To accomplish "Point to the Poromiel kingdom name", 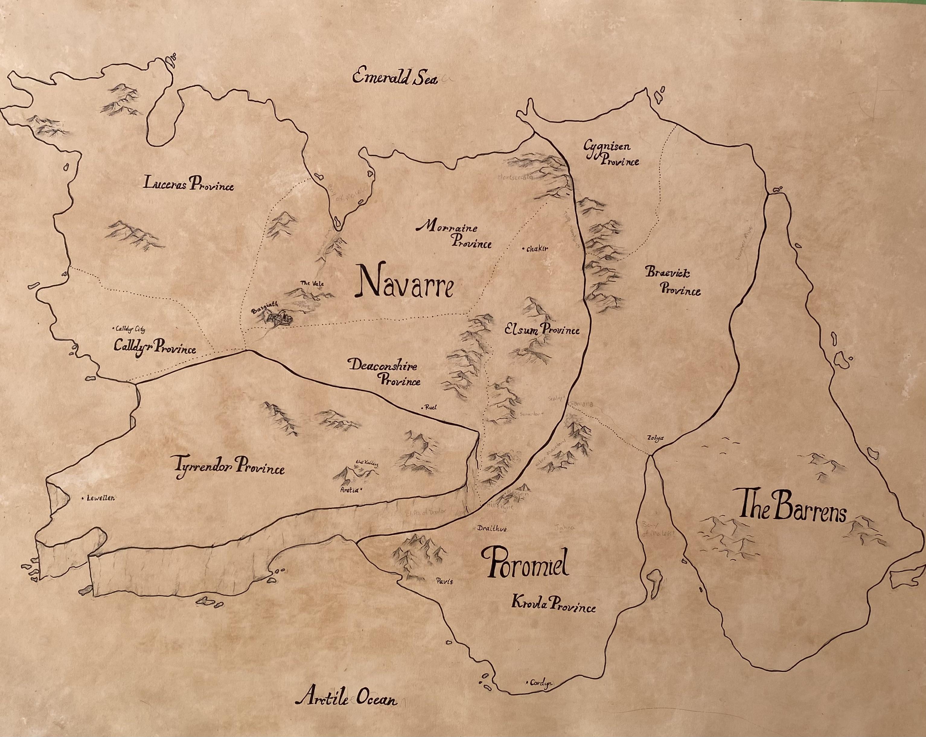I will coord(525,564).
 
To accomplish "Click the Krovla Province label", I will coord(553,605).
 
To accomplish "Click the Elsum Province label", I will coord(542,330).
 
